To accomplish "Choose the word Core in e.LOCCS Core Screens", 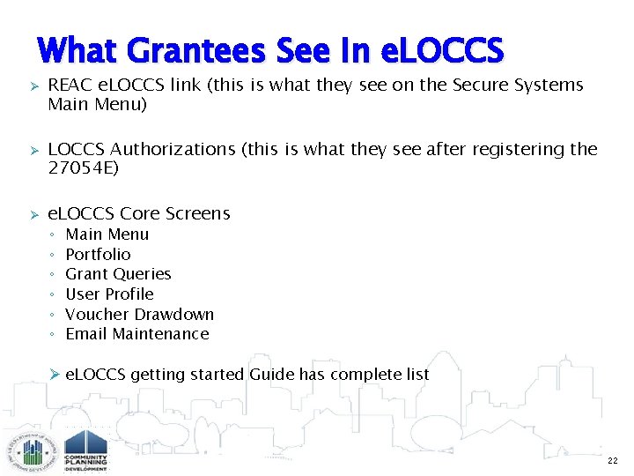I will tap(139, 213).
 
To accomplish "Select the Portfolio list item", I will tap(98, 254).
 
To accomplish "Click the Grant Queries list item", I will tap(118, 274).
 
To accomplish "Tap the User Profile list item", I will tap(109, 294).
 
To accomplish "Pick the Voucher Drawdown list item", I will tap(139, 315).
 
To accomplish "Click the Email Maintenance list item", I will tap(136, 334).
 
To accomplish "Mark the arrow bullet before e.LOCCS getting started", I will tap(54, 375).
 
